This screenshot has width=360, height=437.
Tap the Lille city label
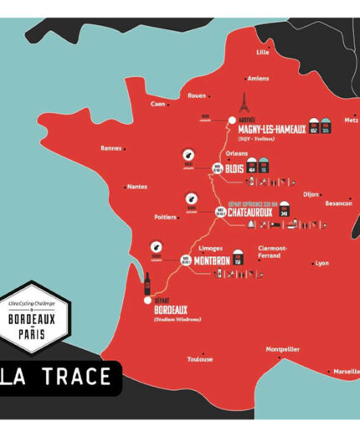[x=263, y=52]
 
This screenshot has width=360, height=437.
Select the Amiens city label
[x=259, y=79]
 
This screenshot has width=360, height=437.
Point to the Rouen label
[x=197, y=95]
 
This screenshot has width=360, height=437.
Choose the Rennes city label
[x=111, y=148]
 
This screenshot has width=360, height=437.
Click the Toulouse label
[x=200, y=359]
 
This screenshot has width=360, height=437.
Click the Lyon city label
[x=322, y=263]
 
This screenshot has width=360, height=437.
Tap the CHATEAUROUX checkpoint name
[x=258, y=212]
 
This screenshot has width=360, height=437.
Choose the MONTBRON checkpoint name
[x=212, y=260]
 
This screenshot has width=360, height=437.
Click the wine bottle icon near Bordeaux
[x=147, y=282]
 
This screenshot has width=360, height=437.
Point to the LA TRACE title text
[x=59, y=377]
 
